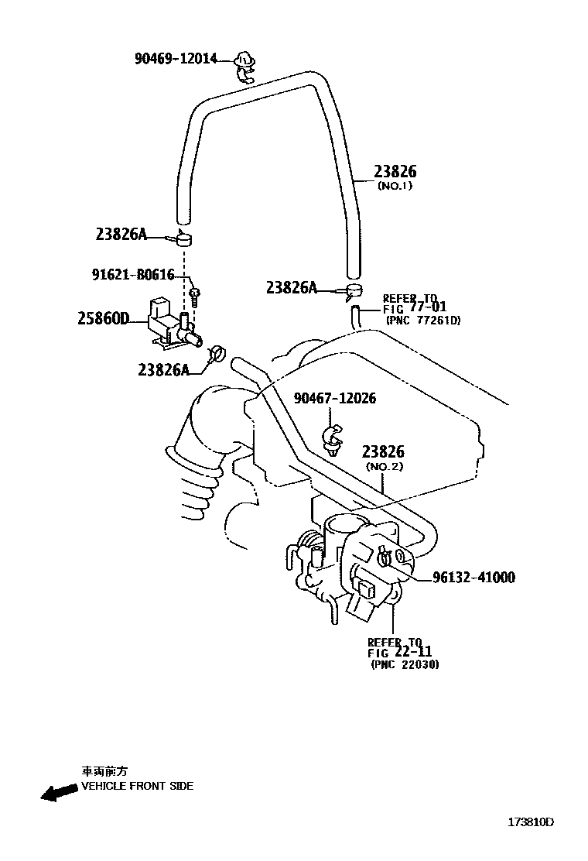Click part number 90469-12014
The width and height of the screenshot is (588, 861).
click(176, 59)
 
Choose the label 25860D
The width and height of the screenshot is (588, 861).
click(102, 317)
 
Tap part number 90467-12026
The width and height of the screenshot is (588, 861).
click(335, 398)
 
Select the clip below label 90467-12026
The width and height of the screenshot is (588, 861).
click(333, 438)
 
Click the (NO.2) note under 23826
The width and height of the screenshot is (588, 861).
click(385, 467)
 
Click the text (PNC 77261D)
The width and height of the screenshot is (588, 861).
click(423, 320)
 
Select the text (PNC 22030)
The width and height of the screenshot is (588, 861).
click(405, 664)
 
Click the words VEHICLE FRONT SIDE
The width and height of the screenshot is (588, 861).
click(138, 786)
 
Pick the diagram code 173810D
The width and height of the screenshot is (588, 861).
click(531, 822)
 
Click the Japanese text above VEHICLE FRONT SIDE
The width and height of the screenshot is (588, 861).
click(105, 771)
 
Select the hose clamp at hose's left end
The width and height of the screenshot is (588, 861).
click(185, 238)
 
